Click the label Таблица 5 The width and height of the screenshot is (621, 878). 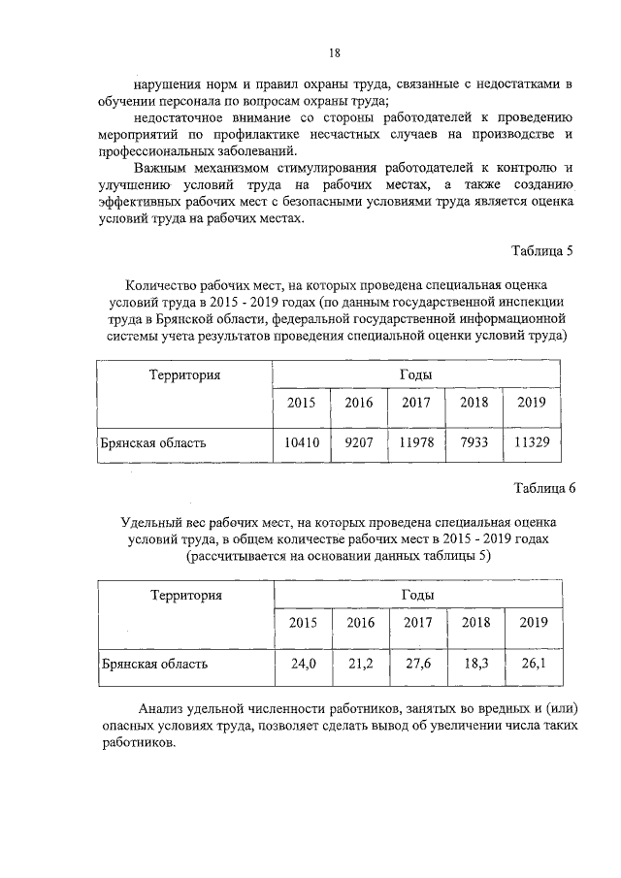tap(543, 250)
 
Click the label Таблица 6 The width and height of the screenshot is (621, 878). tap(543, 488)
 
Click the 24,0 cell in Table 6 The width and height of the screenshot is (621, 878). tap(304, 665)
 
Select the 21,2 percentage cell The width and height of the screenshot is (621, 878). tap(361, 665)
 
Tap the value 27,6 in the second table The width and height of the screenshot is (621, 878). tap(418, 665)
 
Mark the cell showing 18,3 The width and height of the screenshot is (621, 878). tap(475, 665)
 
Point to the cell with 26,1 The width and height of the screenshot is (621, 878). tap(534, 665)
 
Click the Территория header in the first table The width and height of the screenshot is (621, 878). tap(184, 374)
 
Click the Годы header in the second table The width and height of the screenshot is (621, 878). tap(417, 595)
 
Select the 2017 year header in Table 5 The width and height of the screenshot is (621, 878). tap(416, 403)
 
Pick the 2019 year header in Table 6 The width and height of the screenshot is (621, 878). tap(534, 623)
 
